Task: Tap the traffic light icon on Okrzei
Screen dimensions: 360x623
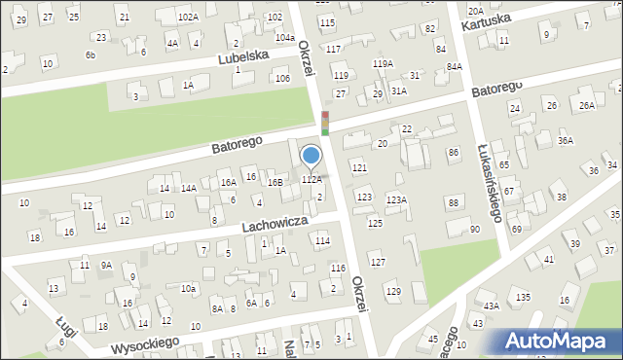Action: (x=325, y=123)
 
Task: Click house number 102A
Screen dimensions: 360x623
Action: (x=188, y=17)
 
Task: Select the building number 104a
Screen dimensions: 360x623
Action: (x=284, y=37)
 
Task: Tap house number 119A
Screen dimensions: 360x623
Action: (x=383, y=63)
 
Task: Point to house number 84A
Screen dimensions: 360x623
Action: (x=454, y=66)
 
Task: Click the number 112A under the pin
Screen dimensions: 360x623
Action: (x=311, y=180)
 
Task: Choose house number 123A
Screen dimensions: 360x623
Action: (x=395, y=199)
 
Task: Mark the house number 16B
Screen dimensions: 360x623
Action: (x=275, y=182)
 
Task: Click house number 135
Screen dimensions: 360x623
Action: (x=523, y=297)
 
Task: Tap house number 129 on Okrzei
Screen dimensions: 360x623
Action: (x=392, y=292)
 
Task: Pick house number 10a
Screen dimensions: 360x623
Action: (x=188, y=288)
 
